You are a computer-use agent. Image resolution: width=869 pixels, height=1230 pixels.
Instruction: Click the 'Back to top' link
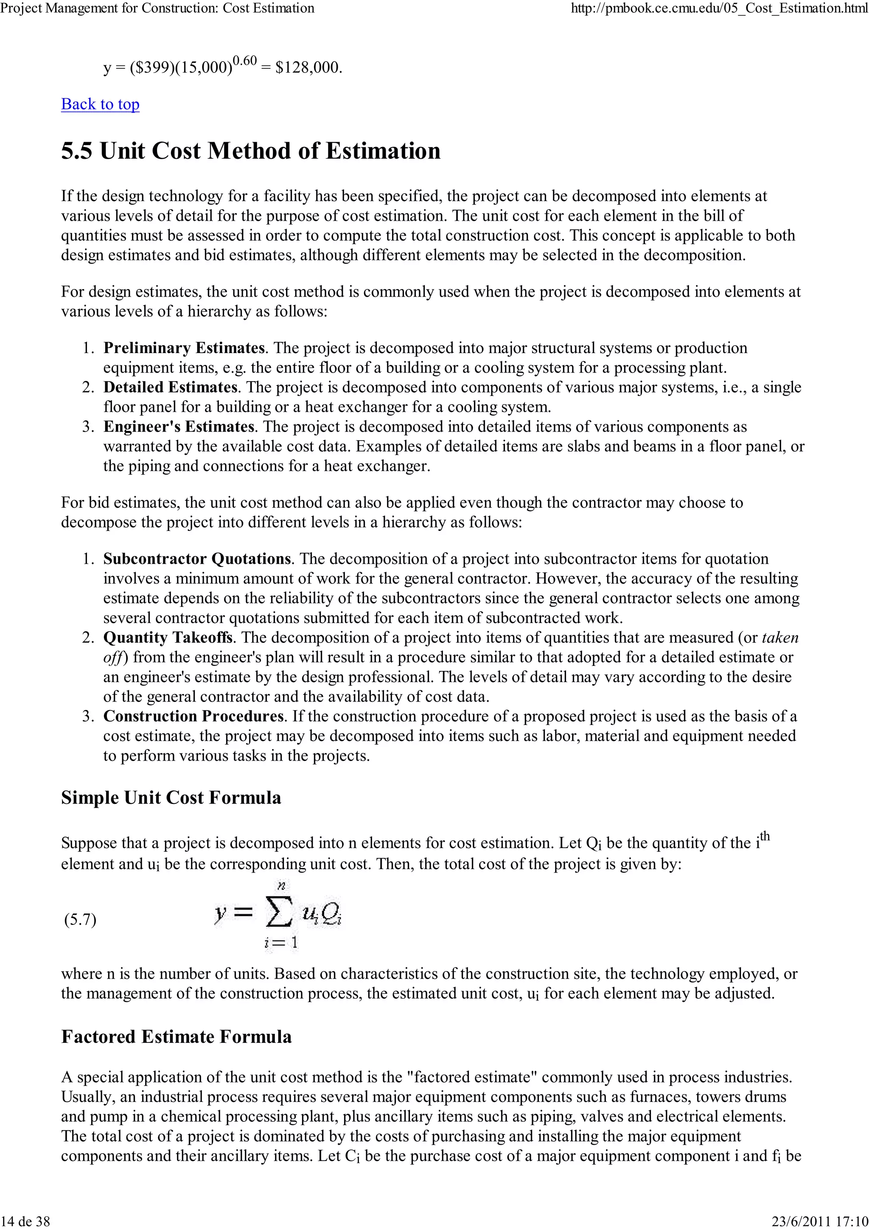coord(100,104)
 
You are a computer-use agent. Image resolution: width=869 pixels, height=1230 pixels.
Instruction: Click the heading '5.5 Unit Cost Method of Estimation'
coord(251,151)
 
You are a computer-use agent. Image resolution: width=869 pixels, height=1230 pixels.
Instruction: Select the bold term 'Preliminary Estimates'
coord(184,348)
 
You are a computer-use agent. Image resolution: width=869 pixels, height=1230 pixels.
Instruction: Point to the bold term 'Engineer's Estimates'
coord(178,427)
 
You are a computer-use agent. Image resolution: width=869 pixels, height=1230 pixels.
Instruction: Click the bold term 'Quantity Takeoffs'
coord(168,637)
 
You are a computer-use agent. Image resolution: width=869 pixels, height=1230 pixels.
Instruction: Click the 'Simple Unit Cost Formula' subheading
coord(171,798)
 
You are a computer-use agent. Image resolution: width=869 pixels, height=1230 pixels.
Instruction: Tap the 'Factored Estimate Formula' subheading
coord(176,1036)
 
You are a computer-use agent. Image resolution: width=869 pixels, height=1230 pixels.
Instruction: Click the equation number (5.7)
coord(80,920)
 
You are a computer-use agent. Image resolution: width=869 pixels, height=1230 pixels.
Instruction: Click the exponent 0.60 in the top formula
coord(245,61)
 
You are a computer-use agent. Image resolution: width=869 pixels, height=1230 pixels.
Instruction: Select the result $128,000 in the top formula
coord(307,67)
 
